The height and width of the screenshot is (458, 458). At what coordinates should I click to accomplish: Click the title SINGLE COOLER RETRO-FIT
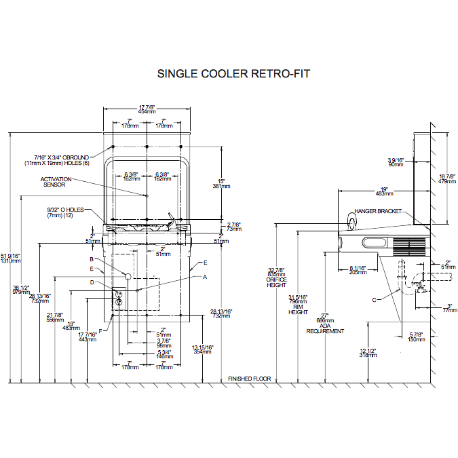(x=233, y=73)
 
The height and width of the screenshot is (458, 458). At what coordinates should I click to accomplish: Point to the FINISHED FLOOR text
(x=249, y=379)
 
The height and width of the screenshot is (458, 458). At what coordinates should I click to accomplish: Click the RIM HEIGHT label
(x=299, y=309)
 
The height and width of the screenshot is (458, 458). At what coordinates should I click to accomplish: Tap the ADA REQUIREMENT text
(x=324, y=328)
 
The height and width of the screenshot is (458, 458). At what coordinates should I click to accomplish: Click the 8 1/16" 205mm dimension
(x=358, y=270)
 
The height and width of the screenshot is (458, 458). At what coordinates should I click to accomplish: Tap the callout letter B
(x=91, y=259)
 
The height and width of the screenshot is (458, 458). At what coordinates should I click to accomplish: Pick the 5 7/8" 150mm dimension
(x=417, y=337)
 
